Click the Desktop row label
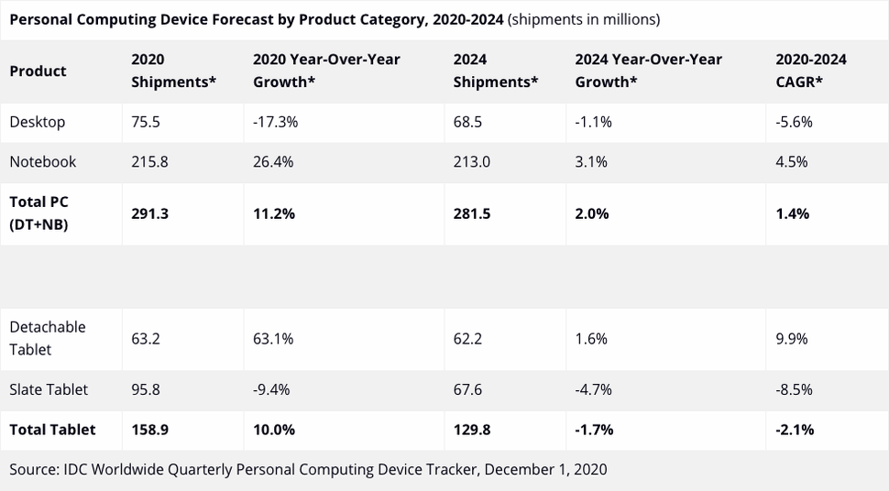(x=37, y=122)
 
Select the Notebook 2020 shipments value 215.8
(x=150, y=161)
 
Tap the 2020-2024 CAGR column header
(x=811, y=71)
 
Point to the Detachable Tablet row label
(x=48, y=338)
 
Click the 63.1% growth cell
(x=273, y=338)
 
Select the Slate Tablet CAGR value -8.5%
(x=794, y=389)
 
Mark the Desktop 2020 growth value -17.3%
(x=275, y=122)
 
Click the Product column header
(x=38, y=71)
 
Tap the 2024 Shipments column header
(x=496, y=71)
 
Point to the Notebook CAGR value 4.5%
(x=791, y=161)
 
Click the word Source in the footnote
(x=33, y=469)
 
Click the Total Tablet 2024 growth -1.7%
(x=594, y=429)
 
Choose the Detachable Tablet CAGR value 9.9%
(x=791, y=338)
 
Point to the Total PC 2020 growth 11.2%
(x=274, y=213)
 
